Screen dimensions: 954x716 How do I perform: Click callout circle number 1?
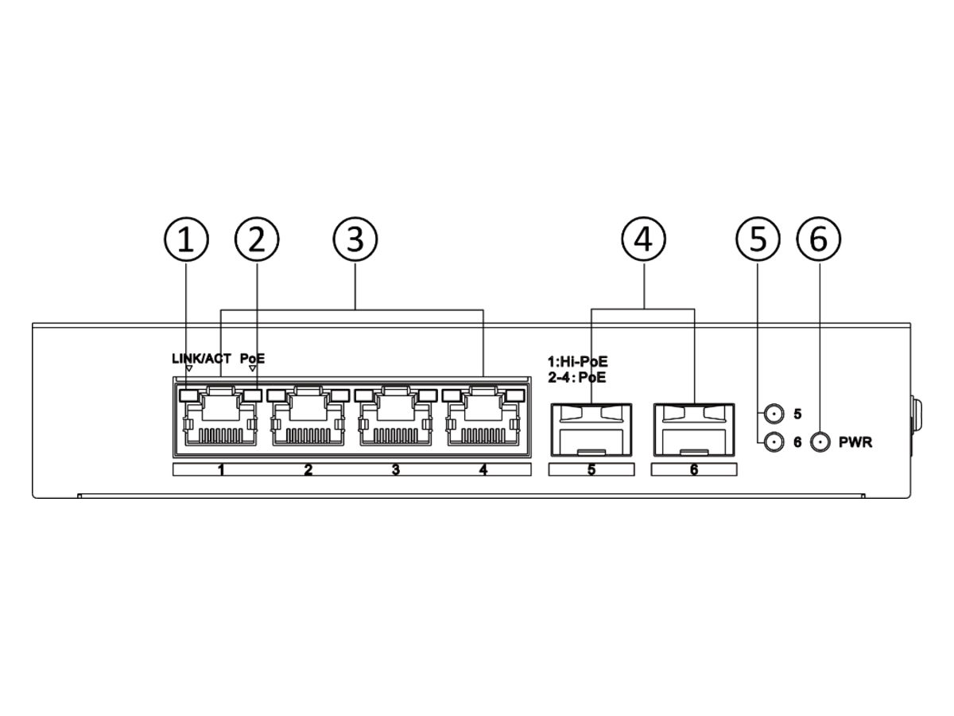[x=187, y=239]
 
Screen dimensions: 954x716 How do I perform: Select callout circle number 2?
[x=257, y=239]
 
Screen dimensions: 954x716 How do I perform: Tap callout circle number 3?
[x=355, y=239]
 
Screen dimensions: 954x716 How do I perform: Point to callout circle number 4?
[x=644, y=239]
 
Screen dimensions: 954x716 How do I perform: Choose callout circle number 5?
[x=758, y=239]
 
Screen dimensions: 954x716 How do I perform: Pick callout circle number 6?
[x=819, y=239]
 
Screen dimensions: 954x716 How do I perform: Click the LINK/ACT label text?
[x=202, y=359]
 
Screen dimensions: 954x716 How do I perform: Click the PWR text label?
[x=855, y=442]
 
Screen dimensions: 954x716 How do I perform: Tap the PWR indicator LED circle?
[x=820, y=442]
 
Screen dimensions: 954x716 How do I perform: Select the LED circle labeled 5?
[x=774, y=414]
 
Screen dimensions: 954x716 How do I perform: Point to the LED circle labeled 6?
[x=774, y=442]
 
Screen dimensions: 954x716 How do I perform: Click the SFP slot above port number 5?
[x=591, y=430]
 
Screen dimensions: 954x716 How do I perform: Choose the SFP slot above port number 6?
[x=694, y=430]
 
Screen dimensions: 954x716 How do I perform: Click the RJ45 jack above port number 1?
[x=221, y=417]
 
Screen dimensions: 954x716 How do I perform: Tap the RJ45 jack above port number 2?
[x=308, y=417]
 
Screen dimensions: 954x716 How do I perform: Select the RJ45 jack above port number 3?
[x=395, y=417]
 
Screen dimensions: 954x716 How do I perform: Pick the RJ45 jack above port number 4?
[x=483, y=417]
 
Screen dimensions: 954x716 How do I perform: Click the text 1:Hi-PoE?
[x=578, y=362]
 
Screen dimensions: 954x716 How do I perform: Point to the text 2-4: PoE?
[x=576, y=378]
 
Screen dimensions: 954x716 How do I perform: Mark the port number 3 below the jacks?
[x=395, y=470]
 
